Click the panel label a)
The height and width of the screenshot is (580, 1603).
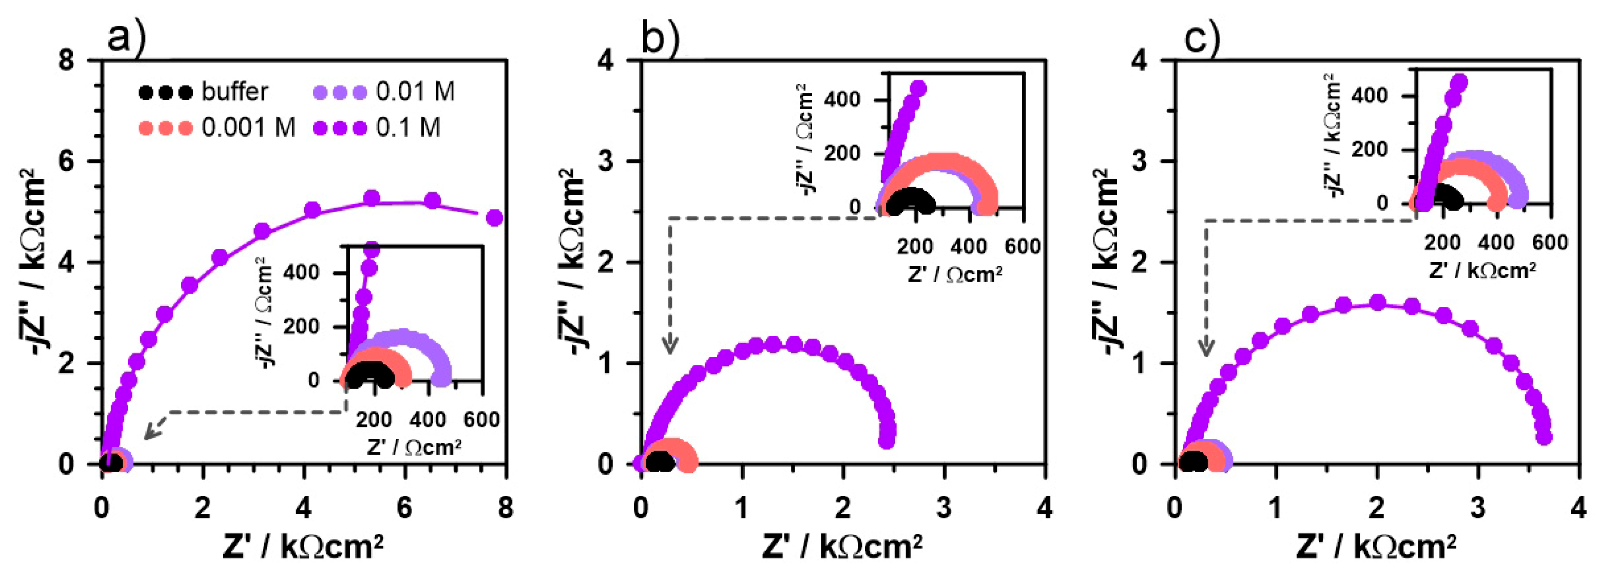click(x=126, y=39)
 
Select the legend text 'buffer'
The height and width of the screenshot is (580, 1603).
click(x=234, y=92)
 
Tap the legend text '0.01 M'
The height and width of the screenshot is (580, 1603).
click(x=415, y=92)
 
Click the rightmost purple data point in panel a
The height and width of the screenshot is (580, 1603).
click(x=495, y=218)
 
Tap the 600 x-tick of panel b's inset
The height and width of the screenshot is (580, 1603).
click(x=1022, y=246)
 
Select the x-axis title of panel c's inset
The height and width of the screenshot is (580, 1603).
click(x=1482, y=270)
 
